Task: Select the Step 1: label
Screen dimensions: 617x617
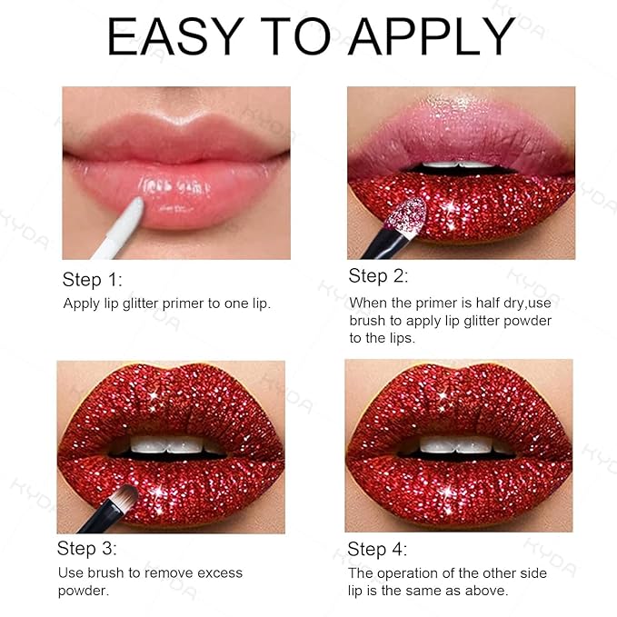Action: (92, 279)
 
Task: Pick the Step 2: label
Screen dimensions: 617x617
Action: (378, 275)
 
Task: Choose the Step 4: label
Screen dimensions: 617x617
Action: (377, 550)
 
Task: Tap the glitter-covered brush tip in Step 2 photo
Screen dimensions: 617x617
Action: (408, 214)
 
